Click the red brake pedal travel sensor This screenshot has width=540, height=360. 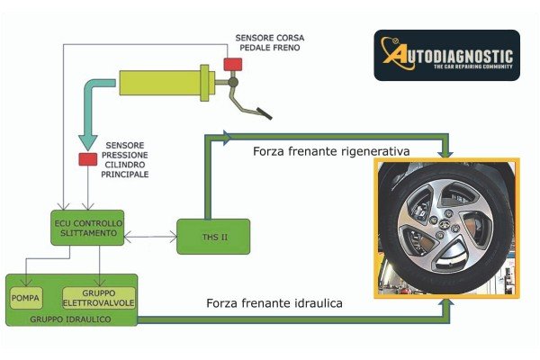[233, 64]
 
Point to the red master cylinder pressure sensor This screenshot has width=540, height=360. [87, 159]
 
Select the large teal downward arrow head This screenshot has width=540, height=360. [87, 140]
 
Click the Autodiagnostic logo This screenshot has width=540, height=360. [446, 55]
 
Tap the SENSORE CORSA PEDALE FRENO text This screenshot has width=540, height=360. [270, 43]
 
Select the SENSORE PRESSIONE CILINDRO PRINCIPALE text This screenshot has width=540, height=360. [127, 158]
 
